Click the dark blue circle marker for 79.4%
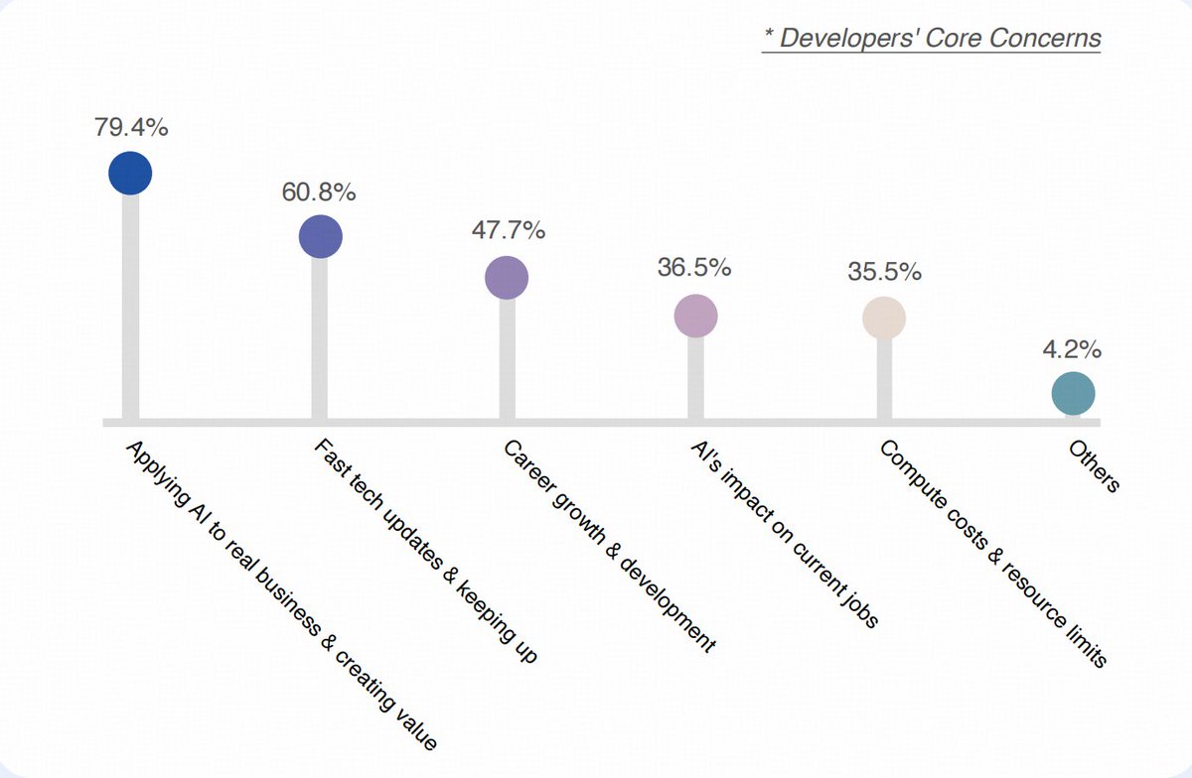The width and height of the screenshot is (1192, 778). click(130, 174)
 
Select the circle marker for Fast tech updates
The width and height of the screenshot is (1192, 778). click(320, 236)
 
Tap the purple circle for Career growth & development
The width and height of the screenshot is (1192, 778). click(507, 278)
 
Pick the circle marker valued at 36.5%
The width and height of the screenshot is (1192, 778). click(695, 317)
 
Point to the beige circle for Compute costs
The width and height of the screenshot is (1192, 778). click(884, 318)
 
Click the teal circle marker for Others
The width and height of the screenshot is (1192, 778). click(1073, 394)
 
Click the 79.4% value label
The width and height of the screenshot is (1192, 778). click(130, 128)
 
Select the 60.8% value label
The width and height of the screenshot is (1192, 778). click(319, 193)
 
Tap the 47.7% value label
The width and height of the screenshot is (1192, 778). click(507, 231)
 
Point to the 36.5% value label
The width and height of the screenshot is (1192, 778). click(694, 268)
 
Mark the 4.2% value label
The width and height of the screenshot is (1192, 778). click(1072, 349)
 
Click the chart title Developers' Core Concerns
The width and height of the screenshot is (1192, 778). click(932, 39)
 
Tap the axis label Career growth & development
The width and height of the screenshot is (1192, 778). click(609, 546)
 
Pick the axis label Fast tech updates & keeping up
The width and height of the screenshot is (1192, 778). click(425, 552)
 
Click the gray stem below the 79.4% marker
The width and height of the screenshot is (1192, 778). click(130, 308)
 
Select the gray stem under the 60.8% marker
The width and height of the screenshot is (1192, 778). click(320, 337)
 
